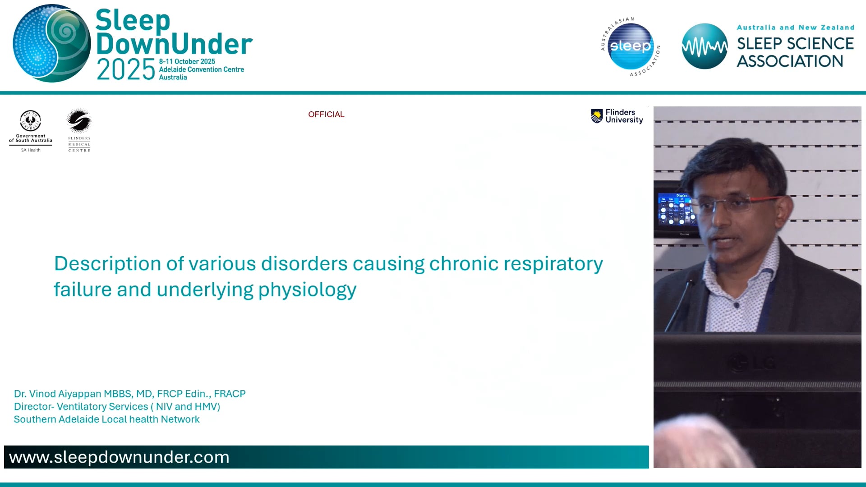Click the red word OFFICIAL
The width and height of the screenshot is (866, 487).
pos(326,115)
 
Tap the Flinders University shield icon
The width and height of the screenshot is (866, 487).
pos(597,116)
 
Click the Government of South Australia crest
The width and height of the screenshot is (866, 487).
pos(31,121)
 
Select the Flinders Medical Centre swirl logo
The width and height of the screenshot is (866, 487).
pos(79,121)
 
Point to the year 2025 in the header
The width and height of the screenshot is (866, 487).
pos(126,70)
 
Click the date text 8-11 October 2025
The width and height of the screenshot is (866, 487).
pos(187,61)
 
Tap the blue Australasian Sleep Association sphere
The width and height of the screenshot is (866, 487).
pos(631,46)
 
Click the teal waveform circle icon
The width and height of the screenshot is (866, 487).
pos(704,46)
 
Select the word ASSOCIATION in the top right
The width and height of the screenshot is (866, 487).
pos(790,61)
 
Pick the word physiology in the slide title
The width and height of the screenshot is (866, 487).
pos(307,290)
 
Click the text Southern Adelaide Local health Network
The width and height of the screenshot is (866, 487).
pos(106,419)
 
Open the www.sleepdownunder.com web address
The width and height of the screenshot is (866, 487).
pos(119,457)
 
